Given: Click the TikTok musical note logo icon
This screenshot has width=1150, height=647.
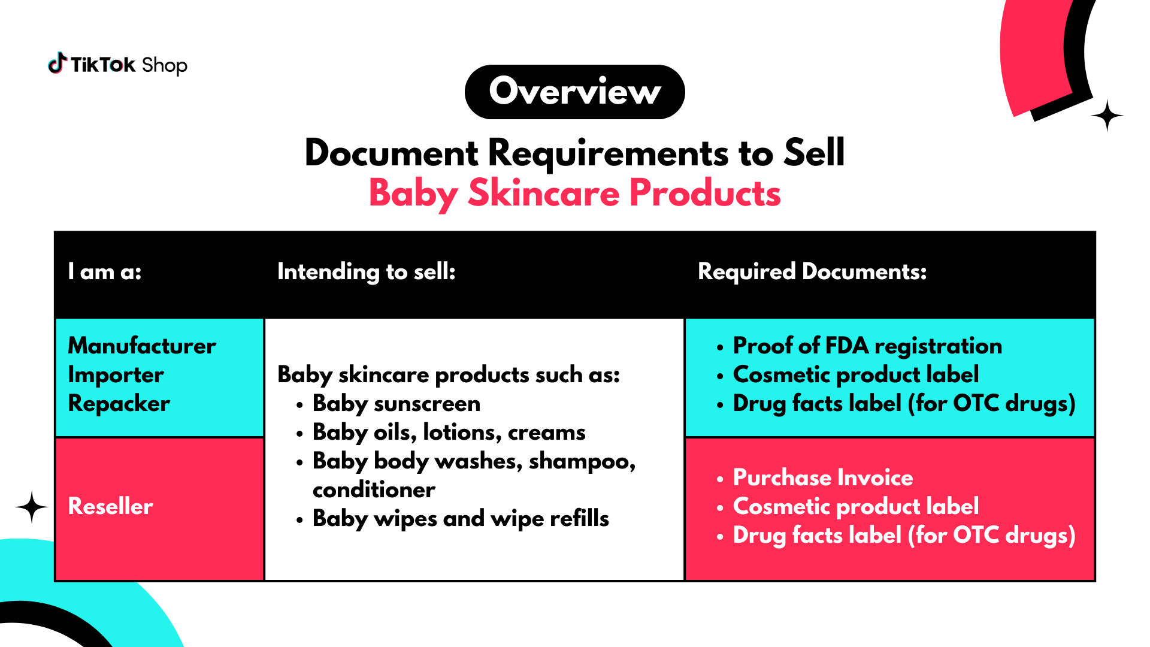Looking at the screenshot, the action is pyautogui.click(x=57, y=63).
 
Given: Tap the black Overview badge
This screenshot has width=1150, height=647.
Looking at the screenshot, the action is pyautogui.click(x=575, y=92).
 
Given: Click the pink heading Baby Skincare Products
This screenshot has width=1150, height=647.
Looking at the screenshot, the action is pyautogui.click(x=575, y=193).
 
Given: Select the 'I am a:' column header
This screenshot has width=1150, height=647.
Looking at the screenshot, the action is pyautogui.click(x=105, y=271).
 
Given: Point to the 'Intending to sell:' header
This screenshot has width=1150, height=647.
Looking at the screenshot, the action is pyautogui.click(x=367, y=272).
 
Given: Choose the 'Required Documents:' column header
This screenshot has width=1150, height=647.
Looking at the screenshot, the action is pyautogui.click(x=812, y=271).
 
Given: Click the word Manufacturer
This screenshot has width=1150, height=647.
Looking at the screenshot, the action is pyautogui.click(x=142, y=346).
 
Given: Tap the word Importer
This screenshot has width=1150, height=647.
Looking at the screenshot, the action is pyautogui.click(x=116, y=375).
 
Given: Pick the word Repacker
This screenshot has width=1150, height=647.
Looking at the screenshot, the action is pyautogui.click(x=119, y=404).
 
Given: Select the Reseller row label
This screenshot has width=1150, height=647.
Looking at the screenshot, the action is pyautogui.click(x=111, y=506).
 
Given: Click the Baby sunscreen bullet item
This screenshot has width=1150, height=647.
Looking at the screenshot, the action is pyautogui.click(x=397, y=404).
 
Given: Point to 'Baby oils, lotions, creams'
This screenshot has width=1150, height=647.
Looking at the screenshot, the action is pyautogui.click(x=449, y=433).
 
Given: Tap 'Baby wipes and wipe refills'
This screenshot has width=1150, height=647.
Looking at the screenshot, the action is pyautogui.click(x=461, y=519).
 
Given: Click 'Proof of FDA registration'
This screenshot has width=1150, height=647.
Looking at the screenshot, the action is pyautogui.click(x=867, y=346).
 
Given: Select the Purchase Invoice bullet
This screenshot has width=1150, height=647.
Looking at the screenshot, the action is pyautogui.click(x=823, y=477).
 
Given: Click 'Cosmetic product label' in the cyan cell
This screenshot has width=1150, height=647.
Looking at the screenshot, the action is pyautogui.click(x=856, y=375).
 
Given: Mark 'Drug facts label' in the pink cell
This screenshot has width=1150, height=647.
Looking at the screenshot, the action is pyautogui.click(x=817, y=535).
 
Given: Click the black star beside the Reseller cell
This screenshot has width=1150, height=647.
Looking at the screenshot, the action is pyautogui.click(x=32, y=507).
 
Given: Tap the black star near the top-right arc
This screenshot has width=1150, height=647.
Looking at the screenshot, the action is pyautogui.click(x=1107, y=115).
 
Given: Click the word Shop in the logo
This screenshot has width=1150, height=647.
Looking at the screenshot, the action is pyautogui.click(x=165, y=65).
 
